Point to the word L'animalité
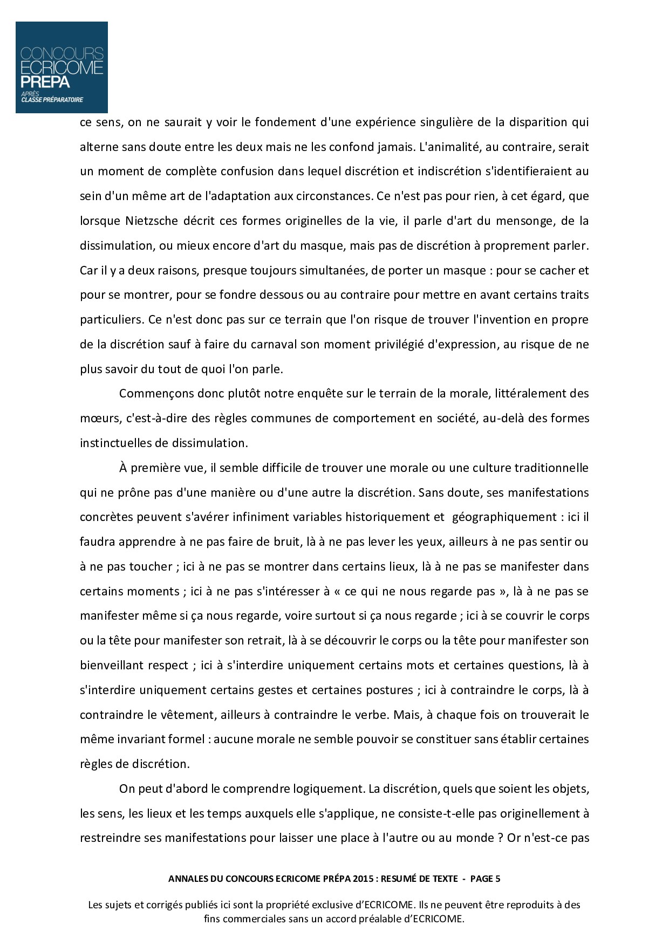click(449, 147)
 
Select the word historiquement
click(389, 517)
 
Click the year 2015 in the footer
click(366, 879)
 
